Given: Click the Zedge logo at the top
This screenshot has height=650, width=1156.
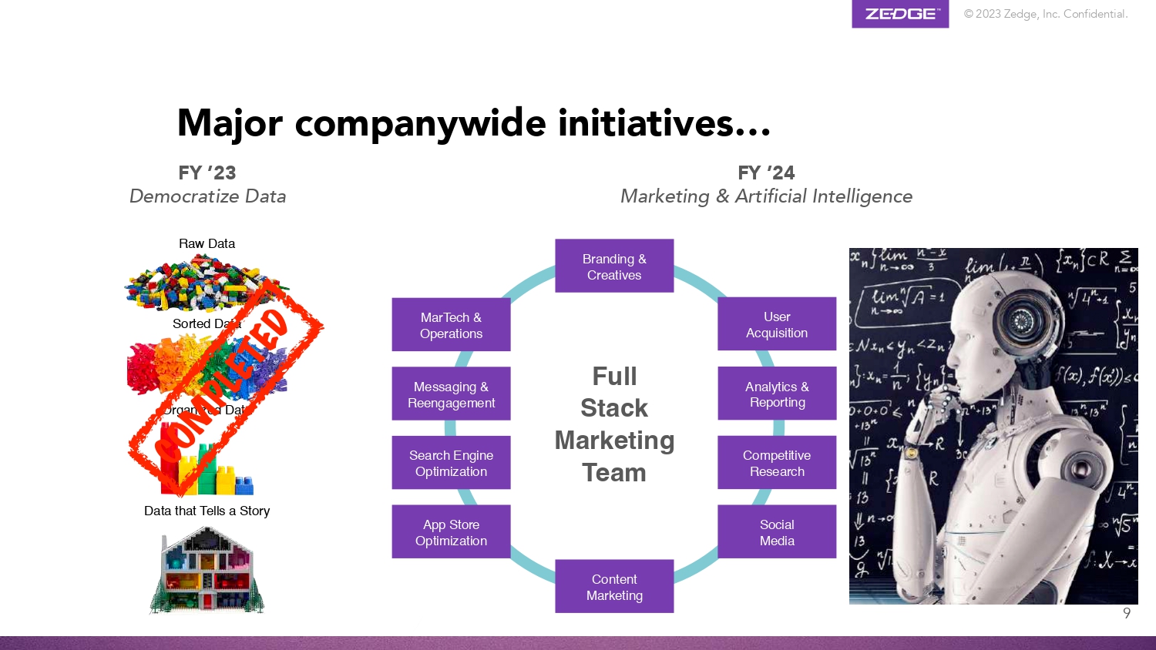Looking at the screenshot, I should (x=900, y=14).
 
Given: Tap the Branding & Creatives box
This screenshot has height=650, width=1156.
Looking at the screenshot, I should (x=614, y=266).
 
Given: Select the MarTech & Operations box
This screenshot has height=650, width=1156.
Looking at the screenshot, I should (x=451, y=325).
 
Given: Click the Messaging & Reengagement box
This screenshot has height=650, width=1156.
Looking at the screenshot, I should (x=451, y=394).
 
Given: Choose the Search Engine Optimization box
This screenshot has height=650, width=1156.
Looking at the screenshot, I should (x=451, y=463).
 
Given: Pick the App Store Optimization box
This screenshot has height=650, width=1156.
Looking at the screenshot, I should (x=451, y=532).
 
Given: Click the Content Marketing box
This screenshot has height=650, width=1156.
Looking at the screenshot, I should (x=614, y=587).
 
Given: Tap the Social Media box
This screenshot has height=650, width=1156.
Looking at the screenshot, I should (x=777, y=532).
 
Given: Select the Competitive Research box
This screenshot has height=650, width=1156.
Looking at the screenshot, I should (x=777, y=463).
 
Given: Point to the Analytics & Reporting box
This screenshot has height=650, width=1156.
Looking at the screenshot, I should (x=777, y=394).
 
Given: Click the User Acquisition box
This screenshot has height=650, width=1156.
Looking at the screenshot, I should (x=777, y=324).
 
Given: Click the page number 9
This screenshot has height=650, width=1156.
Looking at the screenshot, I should (x=1127, y=614).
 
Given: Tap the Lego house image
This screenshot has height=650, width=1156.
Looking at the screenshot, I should (x=207, y=570).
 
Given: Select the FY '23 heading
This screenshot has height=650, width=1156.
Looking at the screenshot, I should (x=207, y=173).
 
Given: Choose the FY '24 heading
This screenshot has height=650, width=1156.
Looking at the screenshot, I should (x=766, y=173).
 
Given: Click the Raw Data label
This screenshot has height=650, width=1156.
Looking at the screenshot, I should (x=207, y=243).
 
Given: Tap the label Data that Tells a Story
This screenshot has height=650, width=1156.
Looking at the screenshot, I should (x=207, y=511).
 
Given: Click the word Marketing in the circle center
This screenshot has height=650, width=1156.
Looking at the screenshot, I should (x=614, y=441).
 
